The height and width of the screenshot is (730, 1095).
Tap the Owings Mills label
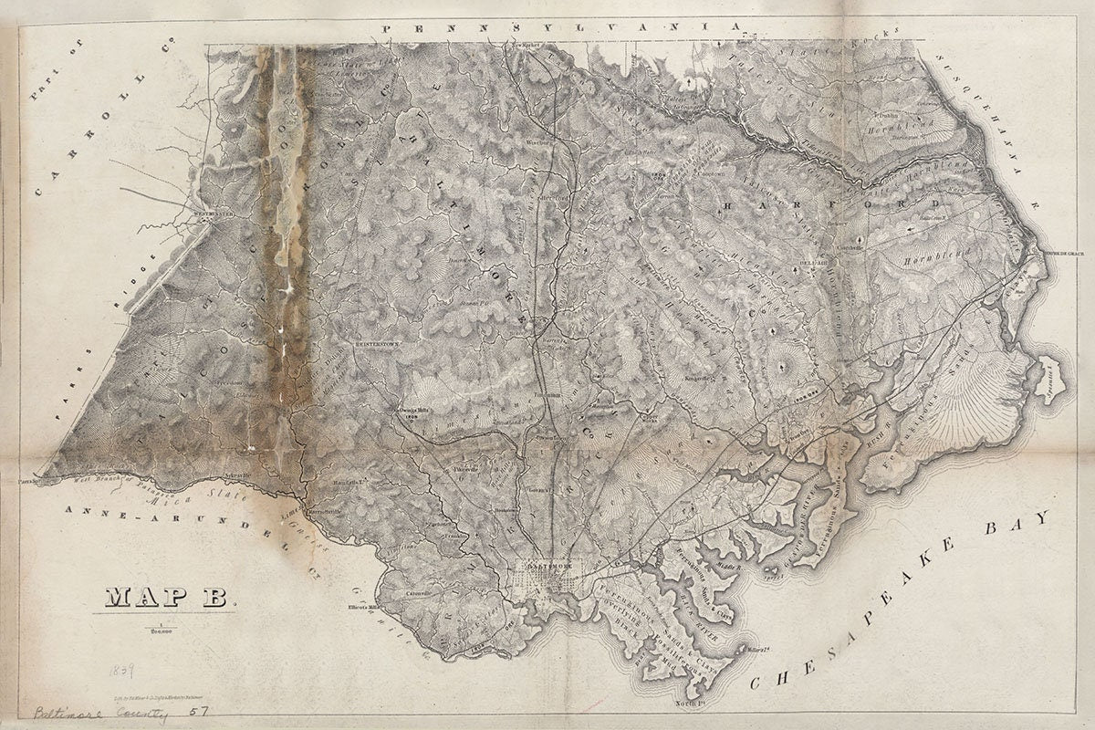coord(415,412)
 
